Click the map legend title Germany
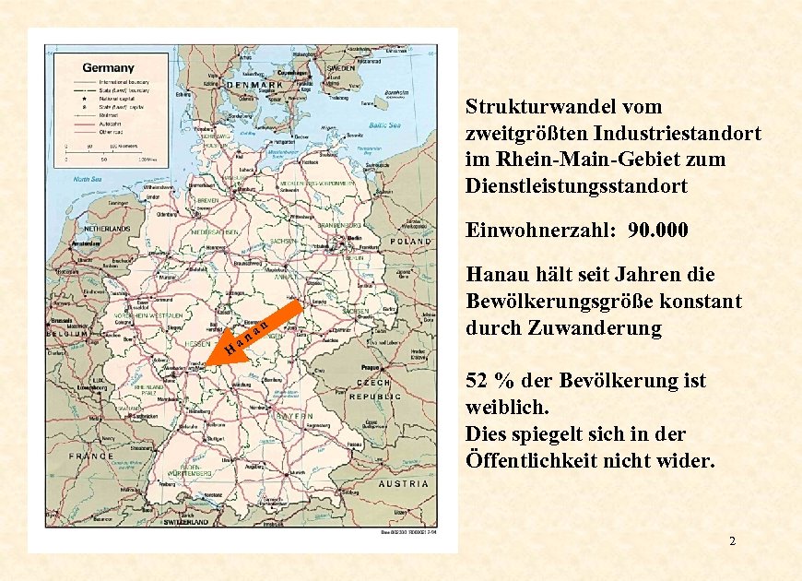(x=109, y=67)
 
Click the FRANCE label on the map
(x=90, y=456)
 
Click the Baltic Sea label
(x=383, y=125)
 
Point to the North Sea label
(x=88, y=180)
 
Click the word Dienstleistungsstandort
(x=577, y=185)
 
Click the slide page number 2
(x=732, y=540)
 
